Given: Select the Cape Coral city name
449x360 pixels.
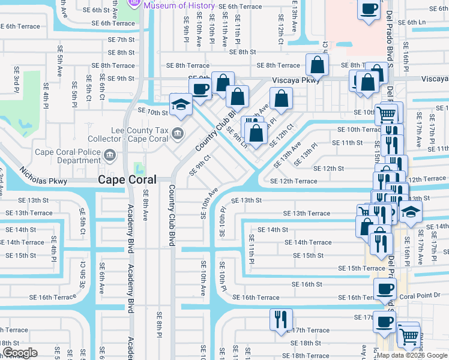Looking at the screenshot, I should [127, 179].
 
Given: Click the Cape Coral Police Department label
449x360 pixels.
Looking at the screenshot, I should [68, 156].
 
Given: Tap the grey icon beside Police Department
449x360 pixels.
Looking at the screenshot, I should [109, 156].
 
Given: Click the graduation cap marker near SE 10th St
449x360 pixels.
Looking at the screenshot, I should [180, 104].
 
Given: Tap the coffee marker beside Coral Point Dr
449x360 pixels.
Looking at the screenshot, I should [384, 289].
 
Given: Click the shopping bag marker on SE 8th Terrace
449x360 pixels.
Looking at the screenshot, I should [316, 64].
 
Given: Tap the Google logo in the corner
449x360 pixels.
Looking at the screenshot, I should [20, 353].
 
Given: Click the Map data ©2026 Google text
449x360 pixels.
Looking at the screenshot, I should [411, 355].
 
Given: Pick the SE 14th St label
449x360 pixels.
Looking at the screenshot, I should [273, 229].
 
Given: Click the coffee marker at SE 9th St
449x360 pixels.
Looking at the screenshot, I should [200, 88].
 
